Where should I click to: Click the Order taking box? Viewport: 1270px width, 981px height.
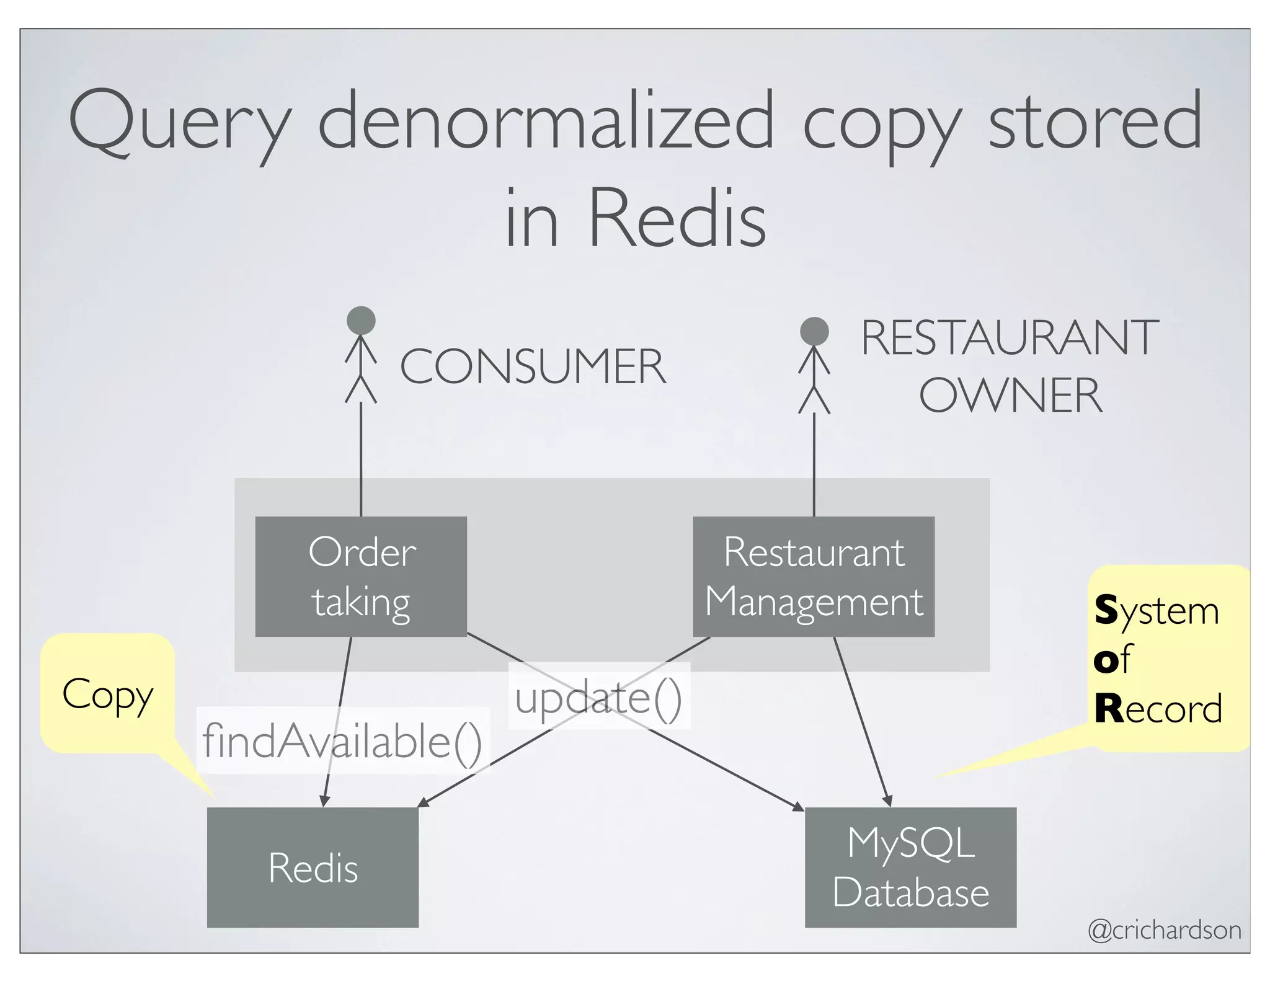coord(361,576)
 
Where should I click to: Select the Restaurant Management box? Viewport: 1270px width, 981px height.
coord(813,576)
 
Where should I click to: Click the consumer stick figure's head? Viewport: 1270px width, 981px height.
coord(361,321)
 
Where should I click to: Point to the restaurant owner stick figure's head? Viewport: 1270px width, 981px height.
coord(814,331)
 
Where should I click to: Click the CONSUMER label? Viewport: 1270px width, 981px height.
coord(533,366)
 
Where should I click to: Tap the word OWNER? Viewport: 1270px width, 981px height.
coord(1011,396)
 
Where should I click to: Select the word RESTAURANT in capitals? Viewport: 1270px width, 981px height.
coord(1010,338)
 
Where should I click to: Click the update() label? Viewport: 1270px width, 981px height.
coord(598,698)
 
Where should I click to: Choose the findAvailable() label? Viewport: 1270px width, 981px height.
coord(342,741)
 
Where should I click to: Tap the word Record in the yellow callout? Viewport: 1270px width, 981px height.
coord(1158,709)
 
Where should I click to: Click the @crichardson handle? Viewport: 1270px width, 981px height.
coord(1165,930)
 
